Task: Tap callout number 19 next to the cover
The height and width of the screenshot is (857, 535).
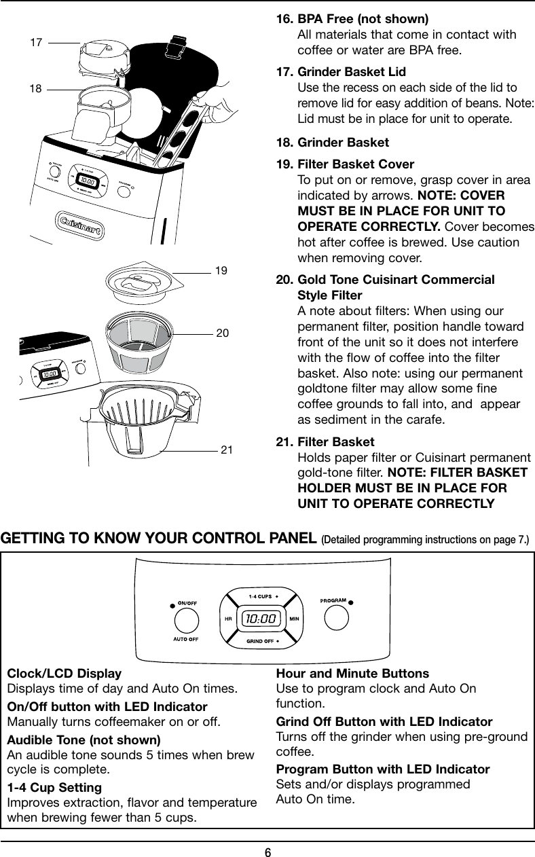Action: point(221,271)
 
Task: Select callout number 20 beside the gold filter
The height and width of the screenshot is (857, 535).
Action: point(222,333)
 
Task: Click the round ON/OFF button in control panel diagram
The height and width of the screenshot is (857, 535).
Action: point(187,619)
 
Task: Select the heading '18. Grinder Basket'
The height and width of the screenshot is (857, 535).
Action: point(333,143)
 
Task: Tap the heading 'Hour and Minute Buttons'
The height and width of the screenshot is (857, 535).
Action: point(352,674)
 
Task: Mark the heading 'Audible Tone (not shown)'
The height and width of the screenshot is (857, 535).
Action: point(84,740)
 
